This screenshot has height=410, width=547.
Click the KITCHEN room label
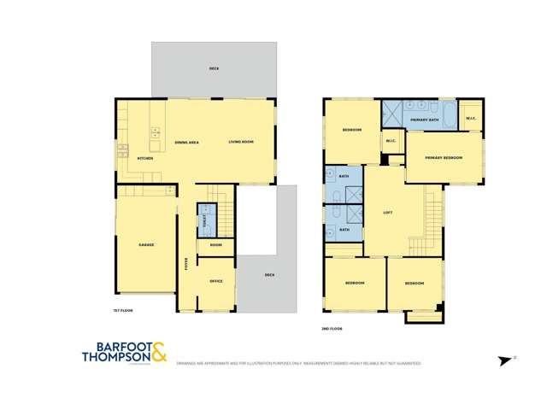(x=145, y=159)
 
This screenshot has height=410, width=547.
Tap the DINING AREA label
(x=186, y=142)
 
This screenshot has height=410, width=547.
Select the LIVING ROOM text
(x=240, y=142)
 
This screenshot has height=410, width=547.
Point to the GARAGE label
(x=146, y=245)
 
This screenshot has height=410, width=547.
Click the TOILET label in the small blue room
(x=205, y=220)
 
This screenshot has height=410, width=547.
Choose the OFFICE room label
(x=216, y=281)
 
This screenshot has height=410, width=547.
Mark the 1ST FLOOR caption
(x=123, y=311)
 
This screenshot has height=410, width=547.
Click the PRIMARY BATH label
(x=424, y=120)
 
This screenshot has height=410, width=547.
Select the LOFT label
(x=387, y=213)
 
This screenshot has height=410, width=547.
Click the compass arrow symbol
(x=503, y=360)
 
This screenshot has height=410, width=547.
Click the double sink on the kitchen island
(x=156, y=132)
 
